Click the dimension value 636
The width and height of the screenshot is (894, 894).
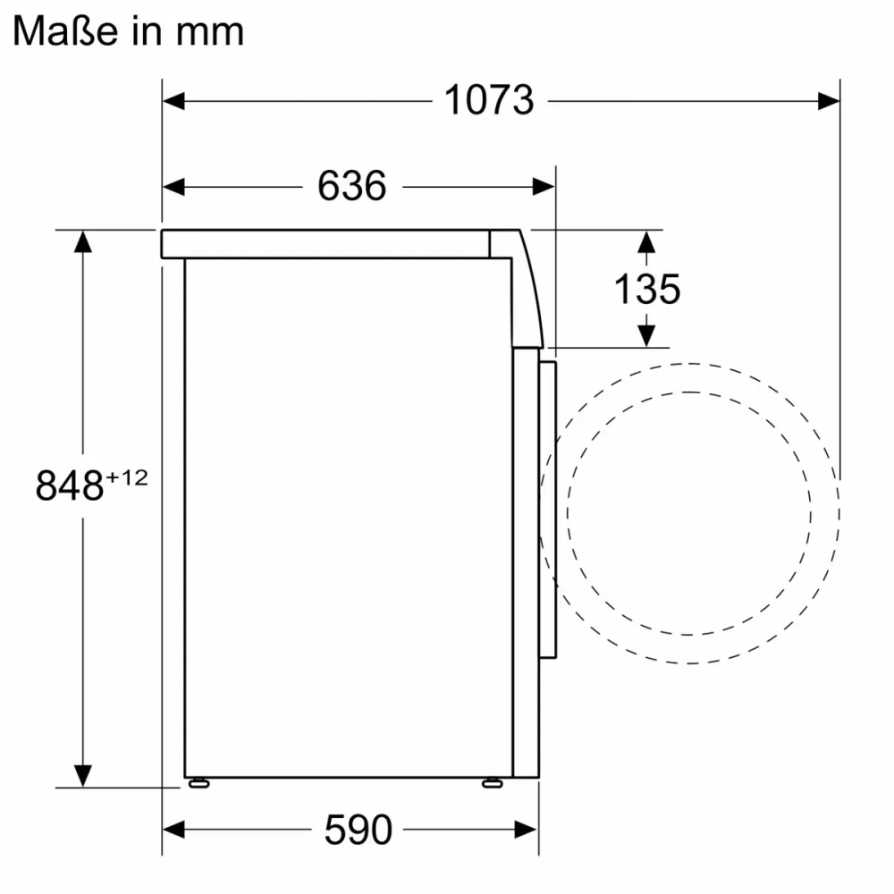pos(351,186)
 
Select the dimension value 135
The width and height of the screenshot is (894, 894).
pos(646,289)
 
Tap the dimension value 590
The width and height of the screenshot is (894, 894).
pos(357,830)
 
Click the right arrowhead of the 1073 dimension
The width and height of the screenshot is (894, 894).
pos(829,101)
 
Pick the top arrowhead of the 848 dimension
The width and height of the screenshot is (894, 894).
pos(82,241)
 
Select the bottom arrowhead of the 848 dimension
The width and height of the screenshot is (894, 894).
pos(82,776)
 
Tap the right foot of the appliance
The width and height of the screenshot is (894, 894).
pos(492,783)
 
